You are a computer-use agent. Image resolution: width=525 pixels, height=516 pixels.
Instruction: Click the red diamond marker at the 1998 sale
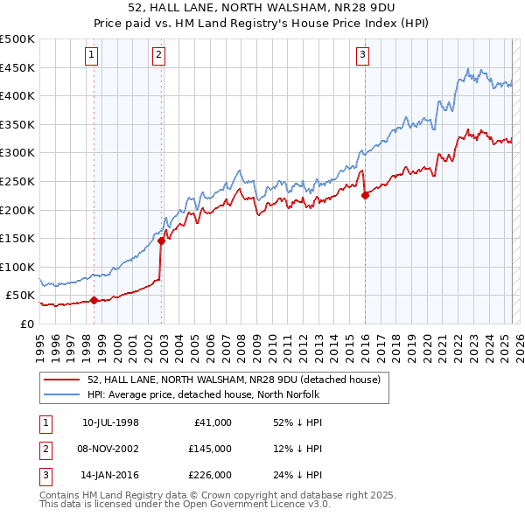point(94,300)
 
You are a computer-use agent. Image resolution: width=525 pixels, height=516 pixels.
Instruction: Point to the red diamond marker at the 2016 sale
point(365,195)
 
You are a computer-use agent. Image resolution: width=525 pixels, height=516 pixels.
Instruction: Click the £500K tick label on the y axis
point(17,39)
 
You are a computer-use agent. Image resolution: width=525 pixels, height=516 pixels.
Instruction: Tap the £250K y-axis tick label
point(17,181)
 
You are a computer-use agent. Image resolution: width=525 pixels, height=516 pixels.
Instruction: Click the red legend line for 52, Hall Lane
point(60,380)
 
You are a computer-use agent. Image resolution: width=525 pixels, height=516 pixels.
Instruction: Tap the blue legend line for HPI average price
point(60,394)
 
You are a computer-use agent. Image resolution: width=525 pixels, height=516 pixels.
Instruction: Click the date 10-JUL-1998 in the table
point(110,422)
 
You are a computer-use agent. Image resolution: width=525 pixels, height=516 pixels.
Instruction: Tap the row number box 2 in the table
point(45,449)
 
